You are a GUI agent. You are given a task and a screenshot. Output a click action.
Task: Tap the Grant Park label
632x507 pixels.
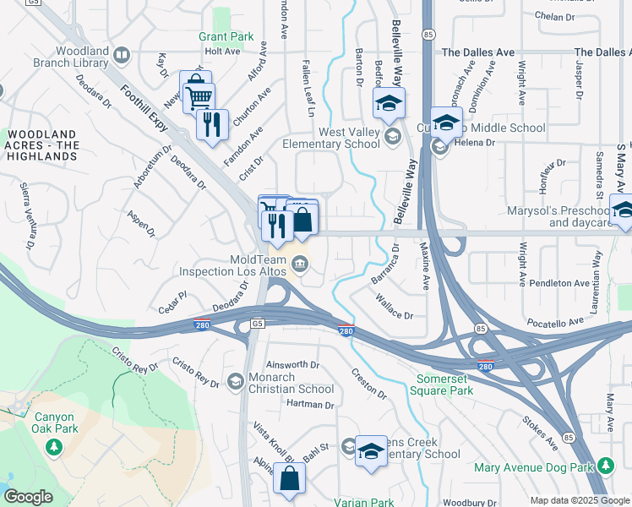point(226,37)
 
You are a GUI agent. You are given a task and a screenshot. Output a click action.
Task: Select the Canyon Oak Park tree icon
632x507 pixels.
point(55,445)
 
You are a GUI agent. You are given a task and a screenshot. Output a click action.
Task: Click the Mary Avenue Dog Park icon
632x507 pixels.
point(605,466)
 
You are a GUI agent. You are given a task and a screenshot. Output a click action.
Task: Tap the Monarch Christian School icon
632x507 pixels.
point(235,383)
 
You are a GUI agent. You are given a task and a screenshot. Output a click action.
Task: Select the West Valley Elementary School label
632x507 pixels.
point(349,138)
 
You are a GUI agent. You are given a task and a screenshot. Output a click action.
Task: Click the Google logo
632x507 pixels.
point(28,497)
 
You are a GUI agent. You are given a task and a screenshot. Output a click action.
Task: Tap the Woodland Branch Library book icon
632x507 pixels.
point(122,57)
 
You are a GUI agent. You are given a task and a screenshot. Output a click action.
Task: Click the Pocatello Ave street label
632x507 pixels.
point(555,322)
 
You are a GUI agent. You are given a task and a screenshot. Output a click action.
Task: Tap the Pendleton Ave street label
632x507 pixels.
point(565,283)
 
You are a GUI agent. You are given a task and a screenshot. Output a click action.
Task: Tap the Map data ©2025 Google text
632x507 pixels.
point(579,500)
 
